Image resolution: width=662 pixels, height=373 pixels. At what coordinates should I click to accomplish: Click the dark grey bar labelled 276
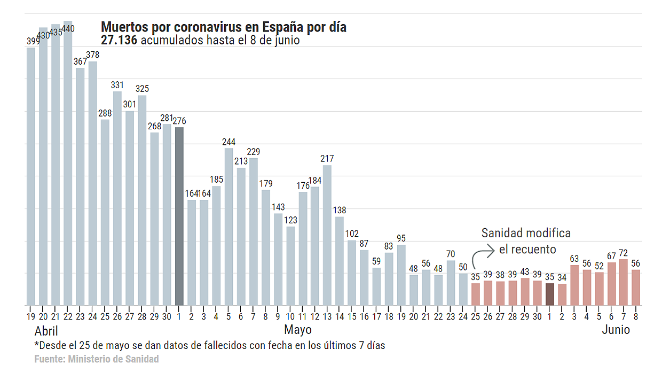coord(179,216)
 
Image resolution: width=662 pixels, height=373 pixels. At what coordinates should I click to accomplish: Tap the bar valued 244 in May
coord(228,227)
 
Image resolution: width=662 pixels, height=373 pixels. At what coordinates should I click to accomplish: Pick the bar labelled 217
coord(327,235)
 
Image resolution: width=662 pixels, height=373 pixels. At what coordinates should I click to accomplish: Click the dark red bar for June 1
coord(550,294)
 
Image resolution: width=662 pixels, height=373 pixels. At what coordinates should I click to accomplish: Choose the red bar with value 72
coord(624,282)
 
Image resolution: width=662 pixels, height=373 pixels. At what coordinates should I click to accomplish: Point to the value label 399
coord(31,41)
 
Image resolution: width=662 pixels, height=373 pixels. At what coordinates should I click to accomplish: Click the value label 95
coord(401,238)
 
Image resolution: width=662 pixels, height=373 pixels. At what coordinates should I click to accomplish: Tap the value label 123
coord(290,220)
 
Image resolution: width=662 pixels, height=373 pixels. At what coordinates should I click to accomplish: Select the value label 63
coord(574,259)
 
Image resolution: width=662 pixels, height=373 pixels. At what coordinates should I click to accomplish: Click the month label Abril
coord(46,330)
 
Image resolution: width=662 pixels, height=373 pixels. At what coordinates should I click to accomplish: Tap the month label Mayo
coord(298,329)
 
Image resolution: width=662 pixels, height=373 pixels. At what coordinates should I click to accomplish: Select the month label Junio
coord(616,330)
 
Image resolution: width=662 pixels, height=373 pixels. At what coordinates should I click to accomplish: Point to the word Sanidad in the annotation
coord(502,233)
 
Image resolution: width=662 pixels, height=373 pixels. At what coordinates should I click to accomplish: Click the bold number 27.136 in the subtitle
coord(119,40)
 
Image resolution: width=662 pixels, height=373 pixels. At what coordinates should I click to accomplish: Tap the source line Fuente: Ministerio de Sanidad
coord(97,359)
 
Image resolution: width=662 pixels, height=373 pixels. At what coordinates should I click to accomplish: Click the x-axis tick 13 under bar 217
coord(327,316)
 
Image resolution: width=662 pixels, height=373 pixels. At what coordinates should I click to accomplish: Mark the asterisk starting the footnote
coord(37,345)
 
